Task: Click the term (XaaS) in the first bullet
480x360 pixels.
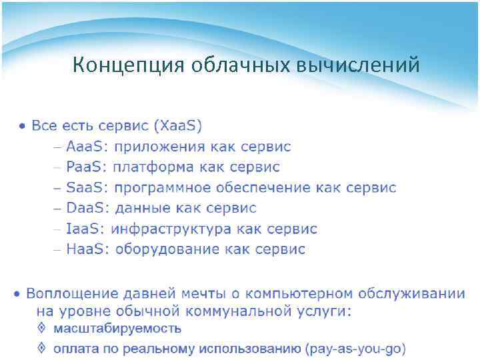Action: pyautogui.click(x=177, y=125)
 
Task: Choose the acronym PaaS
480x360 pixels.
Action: pyautogui.click(x=87, y=167)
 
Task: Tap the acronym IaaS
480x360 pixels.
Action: pyautogui.click(x=85, y=229)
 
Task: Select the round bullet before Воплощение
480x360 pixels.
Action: pyautogui.click(x=19, y=293)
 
